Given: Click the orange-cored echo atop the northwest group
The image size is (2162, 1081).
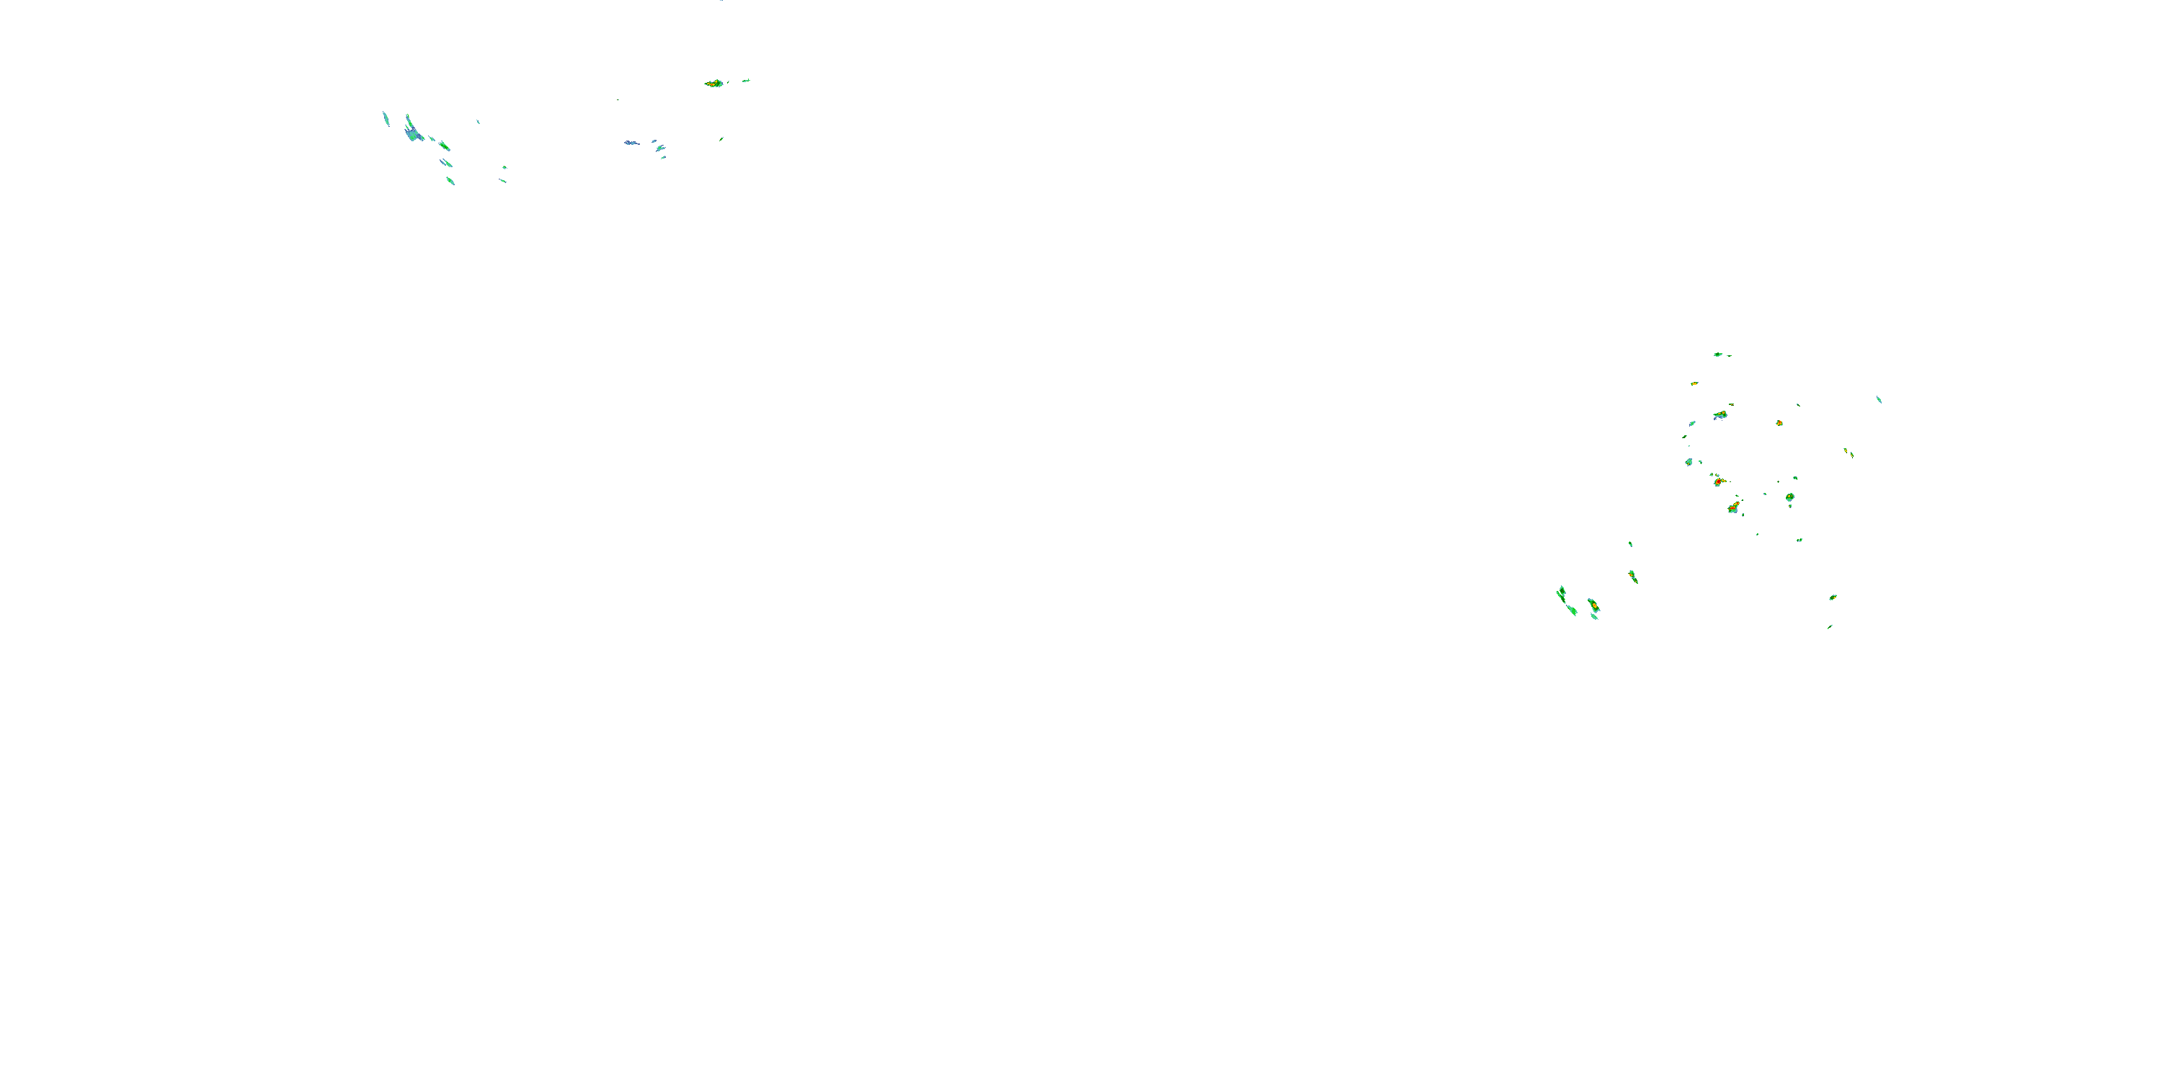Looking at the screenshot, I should [713, 83].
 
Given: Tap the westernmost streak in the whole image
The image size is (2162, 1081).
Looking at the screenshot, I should [386, 117].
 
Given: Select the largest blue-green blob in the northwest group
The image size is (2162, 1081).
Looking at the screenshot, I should [412, 132].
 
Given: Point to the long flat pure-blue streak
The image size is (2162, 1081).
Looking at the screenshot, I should [631, 143].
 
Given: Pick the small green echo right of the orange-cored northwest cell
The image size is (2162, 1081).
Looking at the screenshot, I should [745, 81].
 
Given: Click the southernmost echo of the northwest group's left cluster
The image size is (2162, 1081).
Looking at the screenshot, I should [450, 180].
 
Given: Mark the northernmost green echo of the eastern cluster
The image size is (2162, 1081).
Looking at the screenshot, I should [1718, 354].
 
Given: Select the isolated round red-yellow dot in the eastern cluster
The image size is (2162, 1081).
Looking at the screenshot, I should [1779, 423].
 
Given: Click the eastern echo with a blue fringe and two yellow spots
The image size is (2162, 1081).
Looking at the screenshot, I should [1720, 414].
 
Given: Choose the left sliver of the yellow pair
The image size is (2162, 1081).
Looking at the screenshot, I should [1846, 450].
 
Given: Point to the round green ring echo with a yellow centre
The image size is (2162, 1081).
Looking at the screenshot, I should [1789, 498].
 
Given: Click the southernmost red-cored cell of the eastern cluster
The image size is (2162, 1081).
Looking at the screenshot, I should [1734, 508].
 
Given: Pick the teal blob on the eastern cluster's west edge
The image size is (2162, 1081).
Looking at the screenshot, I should [1689, 462].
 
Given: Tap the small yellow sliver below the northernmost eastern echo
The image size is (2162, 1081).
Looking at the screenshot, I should [1694, 383].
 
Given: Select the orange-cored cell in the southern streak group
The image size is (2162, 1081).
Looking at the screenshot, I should [1592, 605].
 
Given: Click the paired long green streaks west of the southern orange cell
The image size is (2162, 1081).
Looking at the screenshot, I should [1562, 596].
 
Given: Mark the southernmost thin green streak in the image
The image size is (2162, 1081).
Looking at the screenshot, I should [1830, 626].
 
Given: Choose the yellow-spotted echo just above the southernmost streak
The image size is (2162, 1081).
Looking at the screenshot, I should [1833, 597].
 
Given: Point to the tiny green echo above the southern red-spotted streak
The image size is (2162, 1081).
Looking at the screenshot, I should [1631, 544].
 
